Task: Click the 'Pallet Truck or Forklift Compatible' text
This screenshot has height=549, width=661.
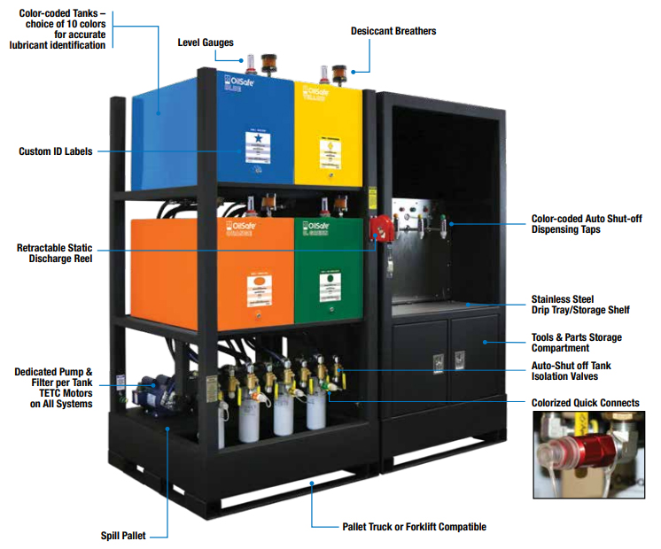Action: (414, 527)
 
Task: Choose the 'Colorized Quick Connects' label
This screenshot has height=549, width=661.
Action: (585, 403)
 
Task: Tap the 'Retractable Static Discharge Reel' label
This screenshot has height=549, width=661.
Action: (54, 252)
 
